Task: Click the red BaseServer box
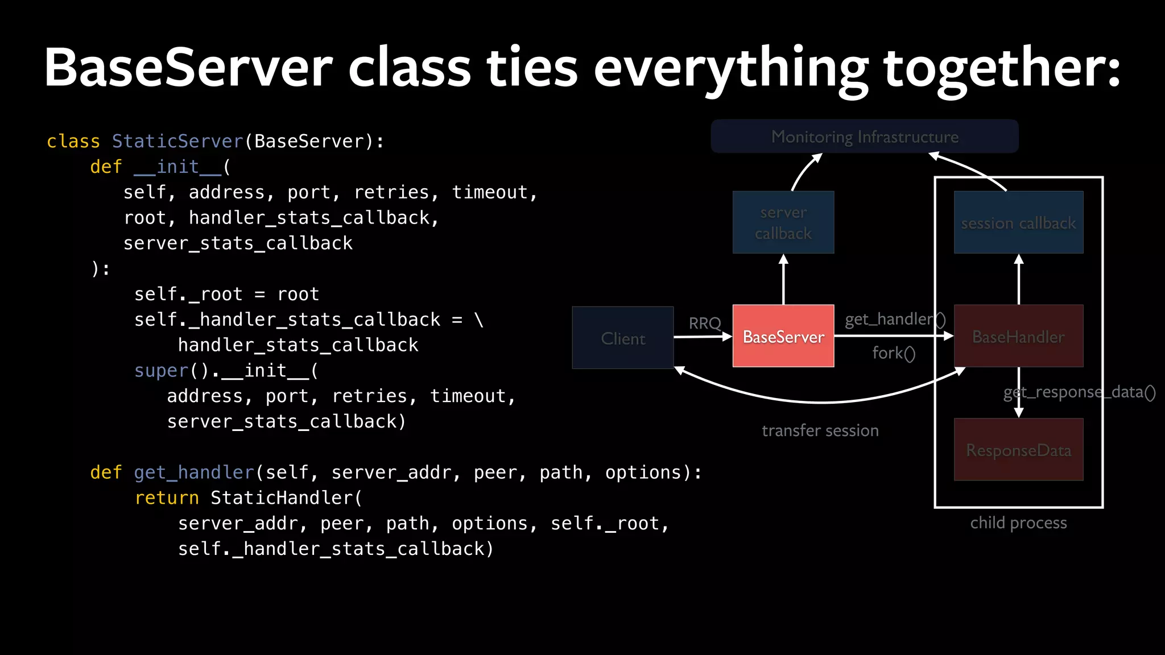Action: tap(783, 336)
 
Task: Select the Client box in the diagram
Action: tap(623, 338)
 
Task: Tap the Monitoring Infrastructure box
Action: tap(865, 136)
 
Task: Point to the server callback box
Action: tap(783, 222)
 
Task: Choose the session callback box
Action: tap(1018, 222)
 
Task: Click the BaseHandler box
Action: tap(1018, 336)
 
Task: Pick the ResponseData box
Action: tap(1018, 450)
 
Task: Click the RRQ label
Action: tap(705, 324)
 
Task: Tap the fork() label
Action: tap(894, 353)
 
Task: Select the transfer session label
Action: tap(820, 430)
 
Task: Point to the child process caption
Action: tap(1018, 523)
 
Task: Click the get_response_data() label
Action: tap(1079, 392)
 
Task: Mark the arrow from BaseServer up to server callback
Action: tap(783, 280)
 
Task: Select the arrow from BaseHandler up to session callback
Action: tap(1019, 280)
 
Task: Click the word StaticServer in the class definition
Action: tap(177, 141)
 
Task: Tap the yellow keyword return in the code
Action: tap(167, 498)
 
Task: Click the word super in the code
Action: tap(162, 371)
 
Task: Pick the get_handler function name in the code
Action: tap(194, 472)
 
